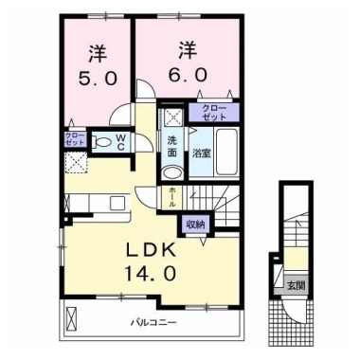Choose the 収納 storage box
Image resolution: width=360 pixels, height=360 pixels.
tap(194, 225)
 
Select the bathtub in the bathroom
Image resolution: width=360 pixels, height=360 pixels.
tap(226, 155)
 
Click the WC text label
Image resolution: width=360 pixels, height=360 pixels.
tap(122, 141)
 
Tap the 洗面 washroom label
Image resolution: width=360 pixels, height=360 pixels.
tap(172, 146)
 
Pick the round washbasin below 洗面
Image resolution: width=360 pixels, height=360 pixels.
tap(172, 173)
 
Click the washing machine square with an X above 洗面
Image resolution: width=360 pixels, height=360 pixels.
tap(172, 118)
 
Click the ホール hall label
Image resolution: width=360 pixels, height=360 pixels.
tap(171, 196)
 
